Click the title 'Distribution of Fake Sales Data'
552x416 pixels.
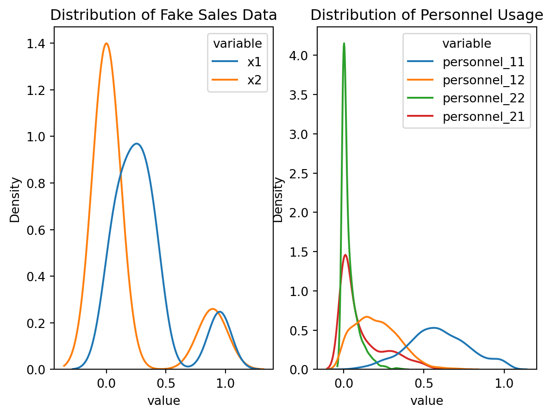click(163, 15)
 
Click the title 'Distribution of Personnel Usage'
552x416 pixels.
click(427, 15)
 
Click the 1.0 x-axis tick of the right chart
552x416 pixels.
click(503, 384)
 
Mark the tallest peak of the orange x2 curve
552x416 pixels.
click(107, 44)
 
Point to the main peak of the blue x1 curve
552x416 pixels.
click(137, 144)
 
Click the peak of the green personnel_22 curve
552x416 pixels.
click(344, 44)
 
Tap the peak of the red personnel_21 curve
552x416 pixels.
click(345, 255)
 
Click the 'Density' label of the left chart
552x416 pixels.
click(15, 199)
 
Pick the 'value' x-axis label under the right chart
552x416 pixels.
click(427, 400)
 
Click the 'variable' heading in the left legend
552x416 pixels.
click(237, 44)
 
